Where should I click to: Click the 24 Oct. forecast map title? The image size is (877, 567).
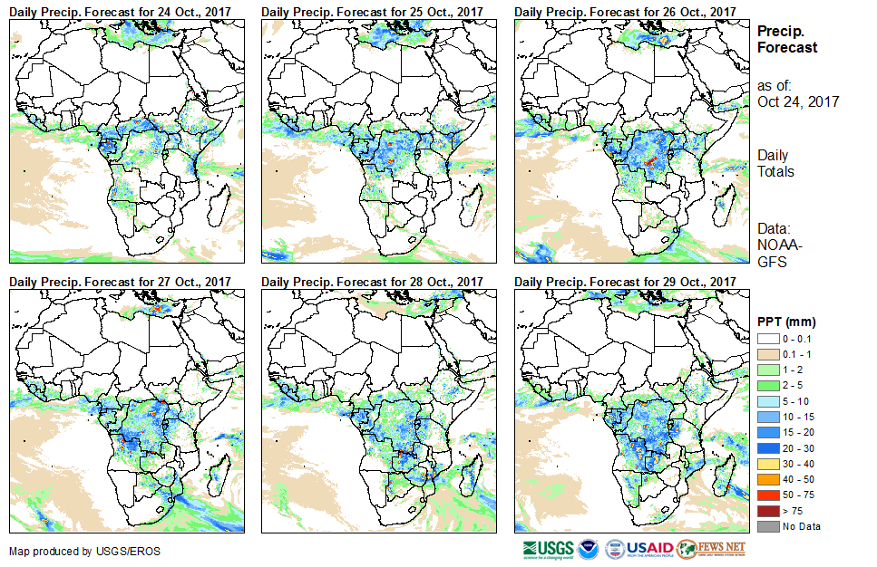[120, 11]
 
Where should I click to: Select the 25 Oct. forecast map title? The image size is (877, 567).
[372, 11]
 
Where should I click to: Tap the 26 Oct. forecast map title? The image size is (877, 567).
[624, 11]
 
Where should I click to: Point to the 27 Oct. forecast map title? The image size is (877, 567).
[120, 281]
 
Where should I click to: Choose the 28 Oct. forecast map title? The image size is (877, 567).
[372, 281]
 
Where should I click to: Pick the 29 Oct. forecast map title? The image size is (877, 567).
[624, 281]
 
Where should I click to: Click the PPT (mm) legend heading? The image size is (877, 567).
[786, 322]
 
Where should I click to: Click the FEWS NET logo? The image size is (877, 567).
[711, 549]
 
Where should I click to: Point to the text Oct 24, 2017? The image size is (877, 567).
[798, 101]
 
